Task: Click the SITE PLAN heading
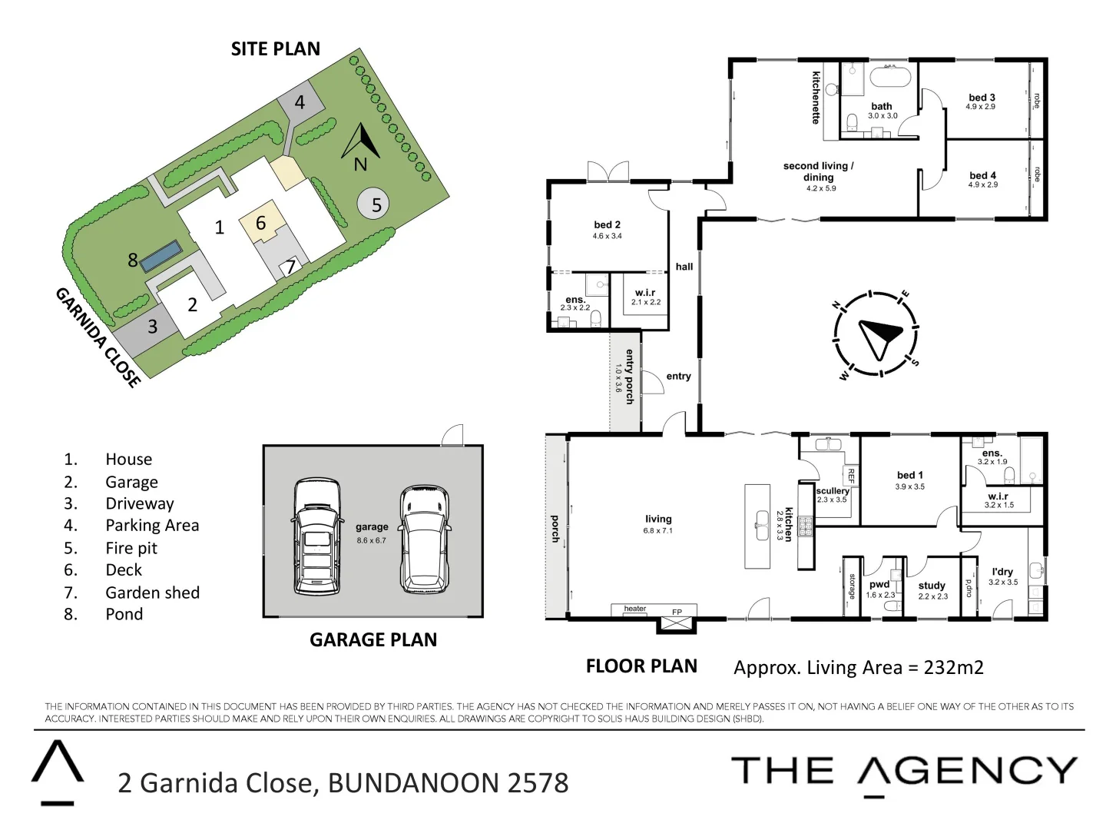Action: coord(275,49)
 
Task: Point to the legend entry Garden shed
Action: coord(152,593)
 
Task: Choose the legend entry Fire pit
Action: coord(131,548)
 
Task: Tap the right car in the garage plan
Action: coord(425,538)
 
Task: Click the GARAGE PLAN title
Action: coord(373,639)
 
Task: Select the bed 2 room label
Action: coord(607,225)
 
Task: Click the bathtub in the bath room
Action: coord(889,78)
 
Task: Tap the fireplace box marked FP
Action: coord(676,620)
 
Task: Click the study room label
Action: coord(932,586)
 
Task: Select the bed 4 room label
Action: coord(982,176)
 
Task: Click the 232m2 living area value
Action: coord(953,667)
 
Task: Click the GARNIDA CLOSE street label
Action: coord(98,337)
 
